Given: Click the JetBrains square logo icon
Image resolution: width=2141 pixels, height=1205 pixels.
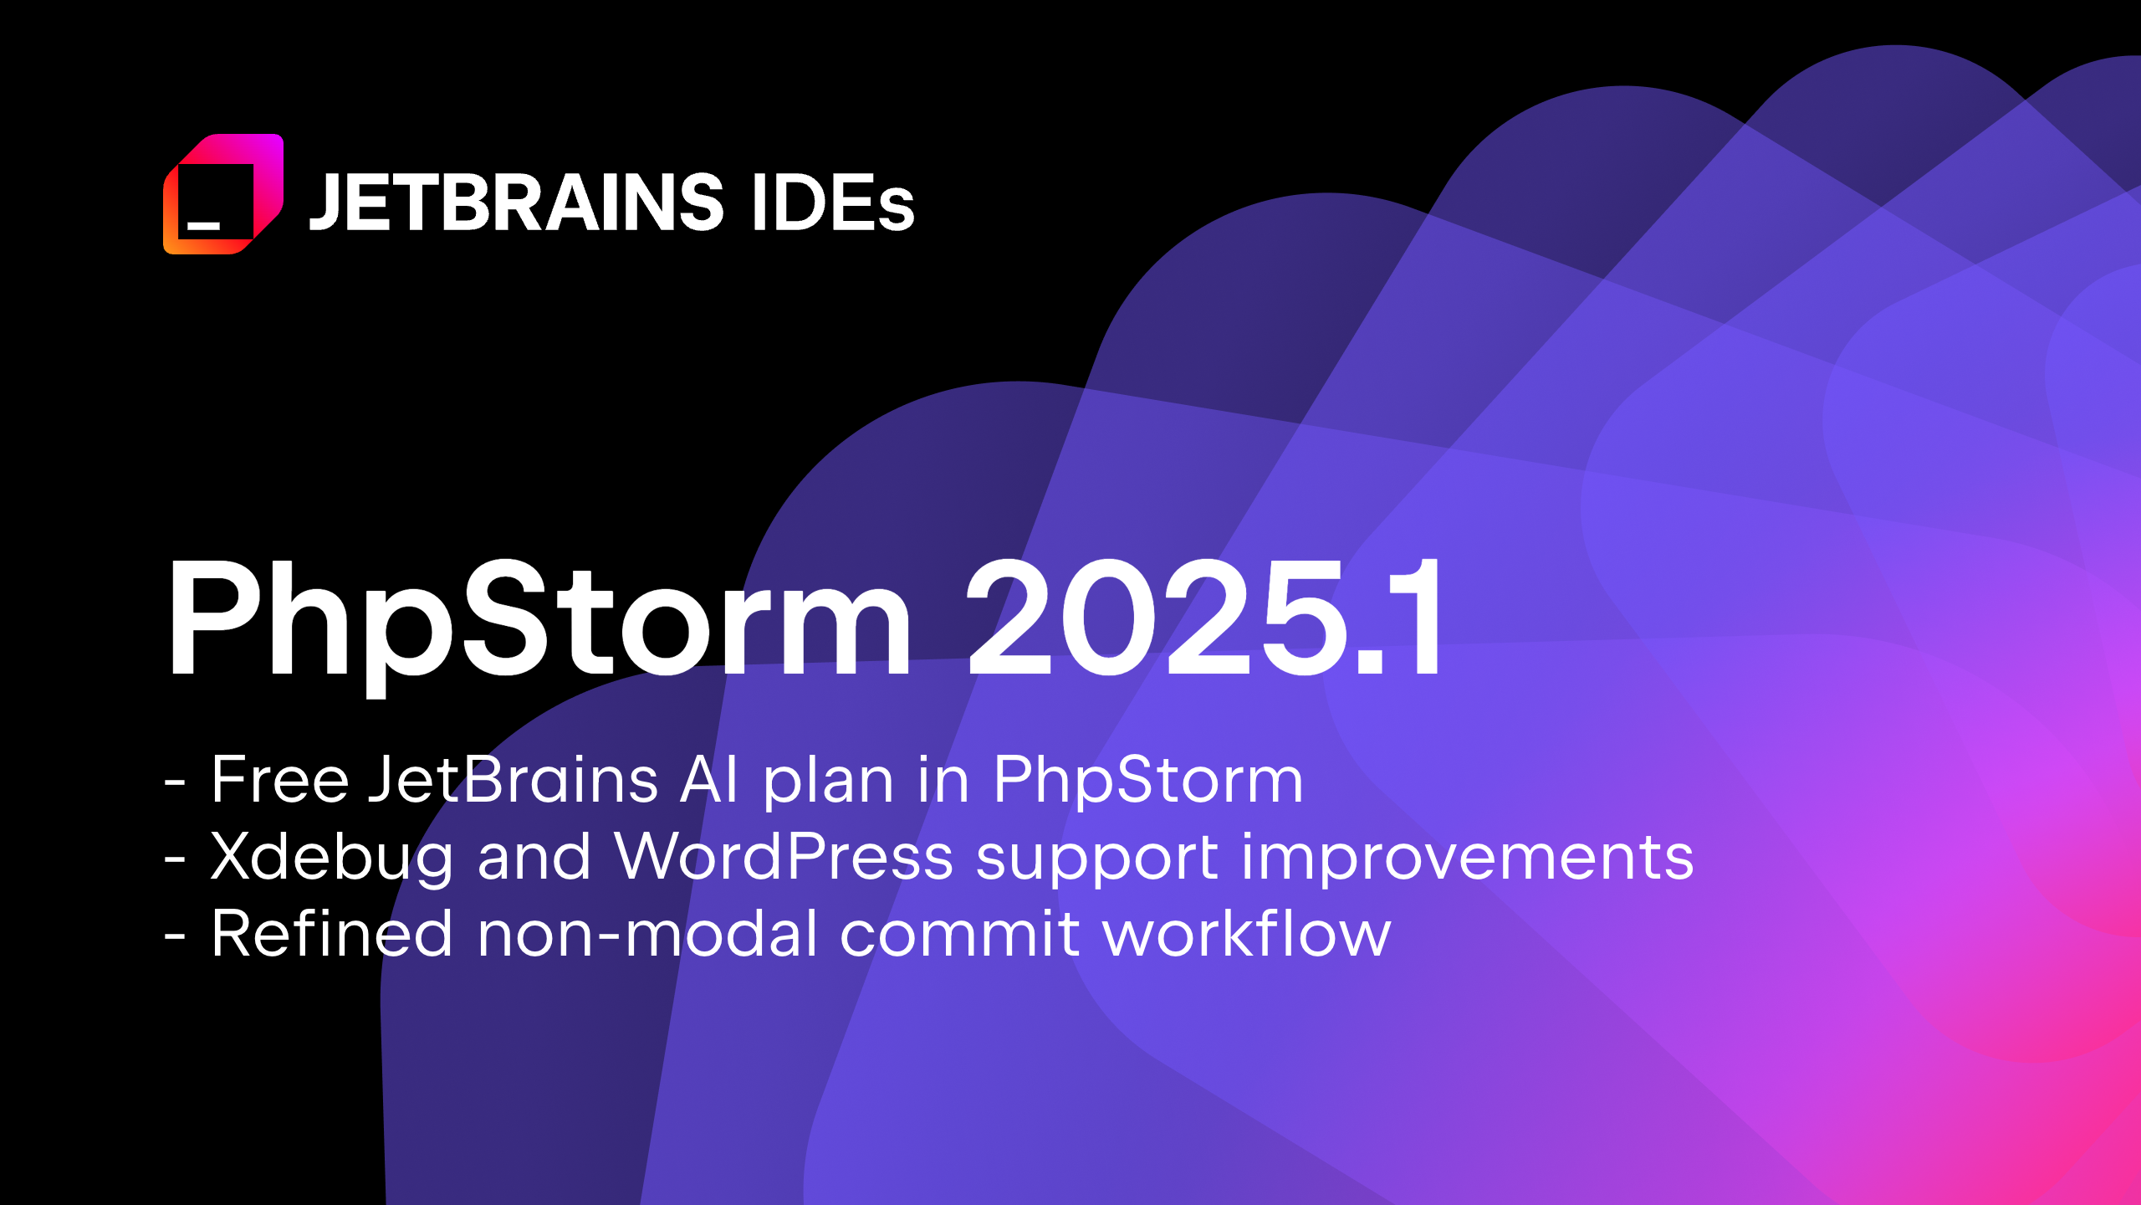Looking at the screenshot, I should (223, 194).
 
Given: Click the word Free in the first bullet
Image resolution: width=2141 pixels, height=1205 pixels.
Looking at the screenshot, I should (279, 780).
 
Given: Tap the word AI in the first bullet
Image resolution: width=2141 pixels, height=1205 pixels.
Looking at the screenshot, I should (709, 780).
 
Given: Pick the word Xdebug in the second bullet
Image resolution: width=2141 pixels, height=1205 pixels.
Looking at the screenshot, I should (331, 858).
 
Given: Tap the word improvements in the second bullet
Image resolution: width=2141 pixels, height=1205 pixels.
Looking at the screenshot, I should (1468, 858).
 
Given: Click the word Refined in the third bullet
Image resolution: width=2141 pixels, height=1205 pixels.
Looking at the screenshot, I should (331, 934).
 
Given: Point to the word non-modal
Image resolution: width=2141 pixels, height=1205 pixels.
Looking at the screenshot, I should (647, 934).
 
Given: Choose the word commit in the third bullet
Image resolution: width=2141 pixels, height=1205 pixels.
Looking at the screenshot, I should (959, 934).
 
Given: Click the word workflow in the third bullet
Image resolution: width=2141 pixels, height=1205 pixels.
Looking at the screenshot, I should (1247, 934).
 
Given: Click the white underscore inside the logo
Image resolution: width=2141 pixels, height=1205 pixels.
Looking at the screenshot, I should (203, 225).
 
